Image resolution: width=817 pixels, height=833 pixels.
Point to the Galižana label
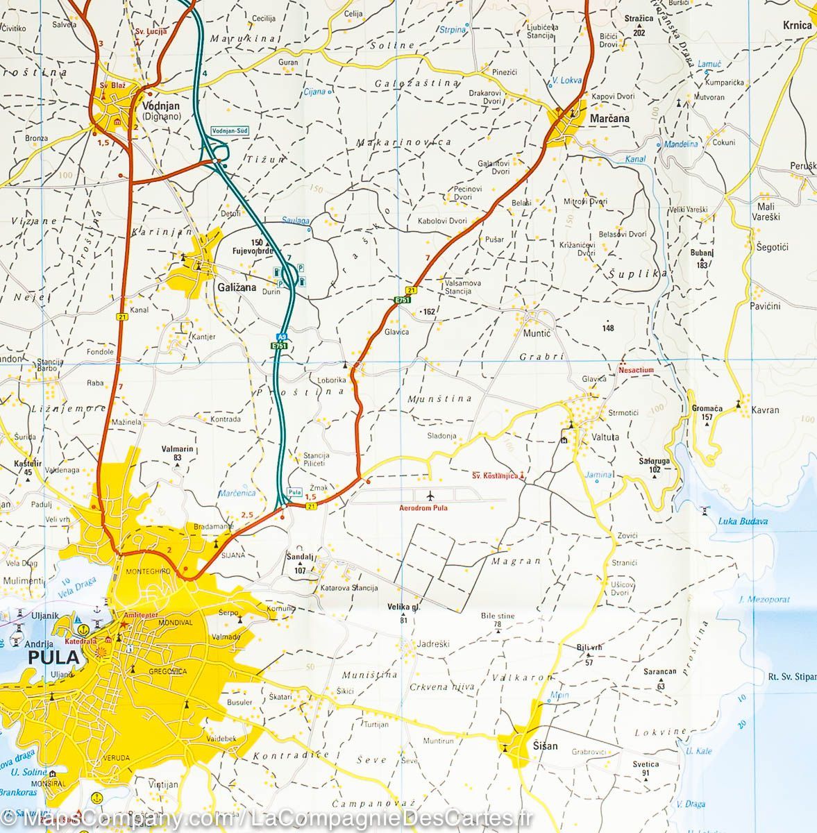click(236, 287)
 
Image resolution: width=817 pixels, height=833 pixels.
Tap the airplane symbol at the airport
click(430, 496)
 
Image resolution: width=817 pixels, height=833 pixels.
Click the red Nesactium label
click(636, 370)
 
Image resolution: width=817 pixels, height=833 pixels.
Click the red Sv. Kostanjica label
click(494, 476)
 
